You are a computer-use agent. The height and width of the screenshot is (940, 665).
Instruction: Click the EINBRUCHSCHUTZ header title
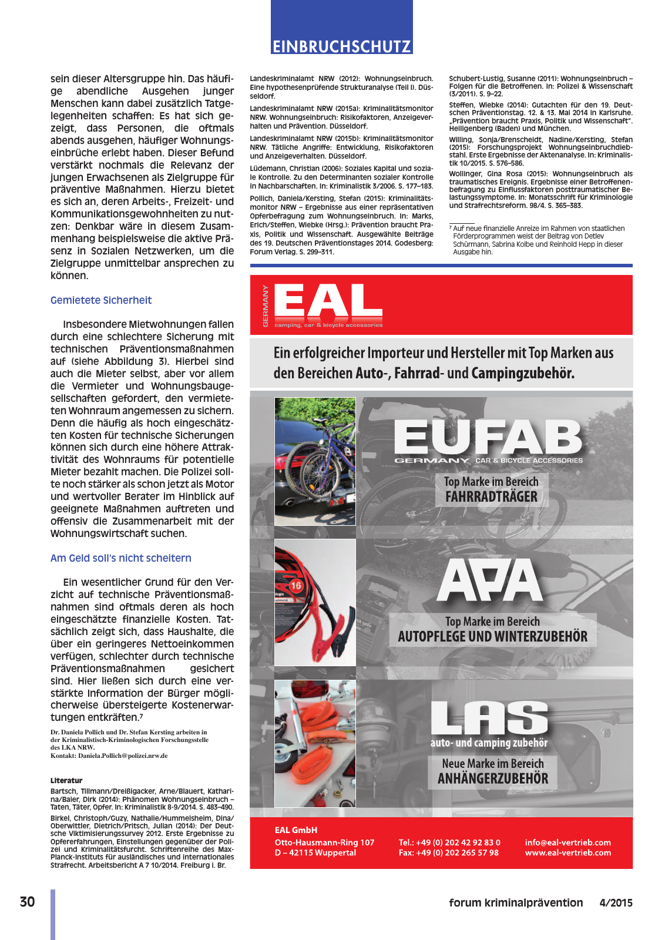click(341, 46)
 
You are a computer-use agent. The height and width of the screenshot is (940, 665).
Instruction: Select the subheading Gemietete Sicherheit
click(101, 300)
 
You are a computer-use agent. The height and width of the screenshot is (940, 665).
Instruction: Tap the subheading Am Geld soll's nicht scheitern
click(121, 558)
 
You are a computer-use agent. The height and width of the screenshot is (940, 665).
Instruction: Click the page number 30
click(27, 902)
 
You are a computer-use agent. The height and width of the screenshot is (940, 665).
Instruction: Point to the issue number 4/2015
click(616, 903)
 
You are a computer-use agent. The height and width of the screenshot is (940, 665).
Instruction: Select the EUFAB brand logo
click(488, 438)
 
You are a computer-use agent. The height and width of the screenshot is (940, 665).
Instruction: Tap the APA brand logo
click(490, 580)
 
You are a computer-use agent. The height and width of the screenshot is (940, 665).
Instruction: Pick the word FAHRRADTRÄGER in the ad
click(491, 497)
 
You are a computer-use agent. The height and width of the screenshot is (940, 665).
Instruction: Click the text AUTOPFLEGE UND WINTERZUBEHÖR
click(492, 637)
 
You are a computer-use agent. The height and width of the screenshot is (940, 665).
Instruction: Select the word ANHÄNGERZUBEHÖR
click(493, 779)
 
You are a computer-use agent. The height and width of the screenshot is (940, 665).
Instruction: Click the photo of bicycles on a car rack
click(315, 461)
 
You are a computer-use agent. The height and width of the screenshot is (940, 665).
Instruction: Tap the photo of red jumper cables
click(315, 602)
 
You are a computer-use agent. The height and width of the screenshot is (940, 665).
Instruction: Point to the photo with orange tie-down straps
click(315, 744)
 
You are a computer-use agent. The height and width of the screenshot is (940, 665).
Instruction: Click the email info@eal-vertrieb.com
click(567, 842)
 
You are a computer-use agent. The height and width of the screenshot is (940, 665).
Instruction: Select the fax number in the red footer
click(448, 852)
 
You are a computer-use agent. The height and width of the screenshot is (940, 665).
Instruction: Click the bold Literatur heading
click(66, 780)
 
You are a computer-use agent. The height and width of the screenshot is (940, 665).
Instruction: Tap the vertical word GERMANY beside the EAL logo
click(266, 306)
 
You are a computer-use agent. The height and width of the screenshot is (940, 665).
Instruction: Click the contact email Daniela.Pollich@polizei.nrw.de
click(123, 756)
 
